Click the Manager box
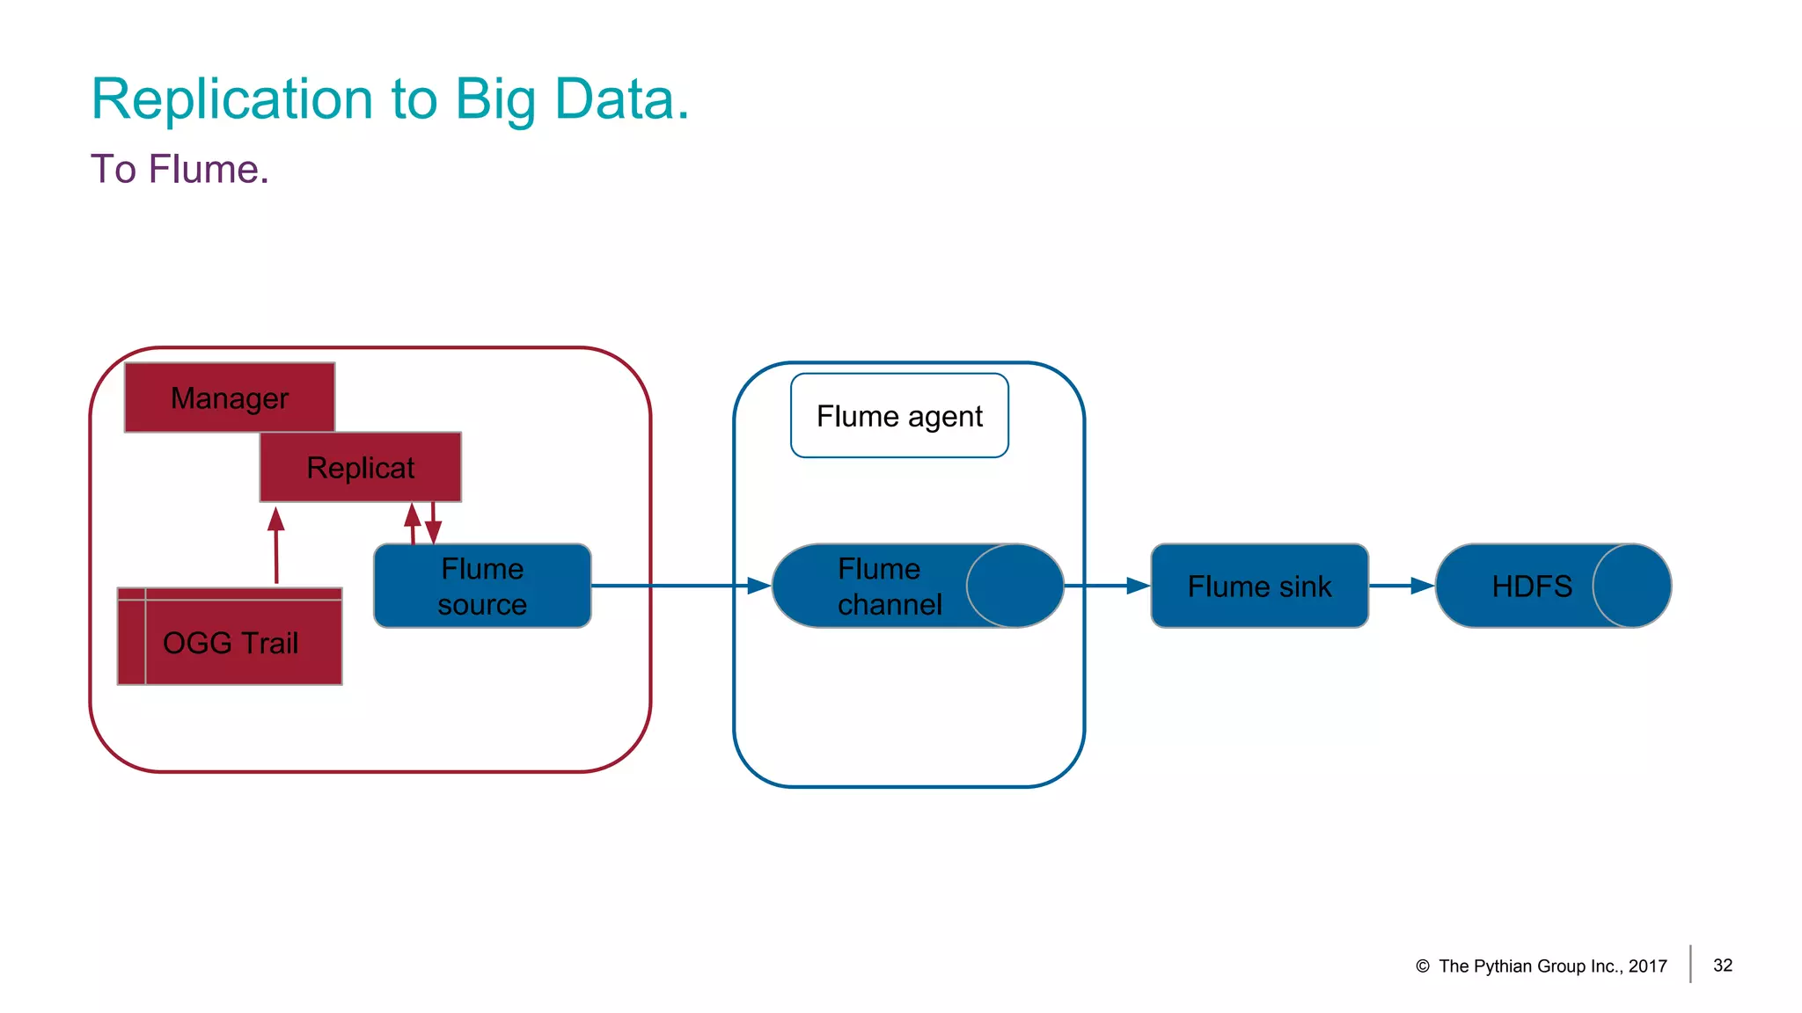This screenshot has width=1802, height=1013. point(230,397)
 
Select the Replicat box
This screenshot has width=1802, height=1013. point(360,467)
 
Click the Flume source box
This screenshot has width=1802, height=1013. point(482,586)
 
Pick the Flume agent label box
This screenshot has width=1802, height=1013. point(899,416)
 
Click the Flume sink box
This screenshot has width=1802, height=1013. point(1259,586)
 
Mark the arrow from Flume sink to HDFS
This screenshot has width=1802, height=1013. point(1402,586)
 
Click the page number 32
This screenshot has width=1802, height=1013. point(1723,966)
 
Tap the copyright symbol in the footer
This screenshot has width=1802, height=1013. point(1423,966)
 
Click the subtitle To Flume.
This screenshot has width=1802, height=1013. point(179,169)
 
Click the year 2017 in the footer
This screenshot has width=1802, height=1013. point(1648,966)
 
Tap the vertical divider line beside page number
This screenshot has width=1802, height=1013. point(1690,964)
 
